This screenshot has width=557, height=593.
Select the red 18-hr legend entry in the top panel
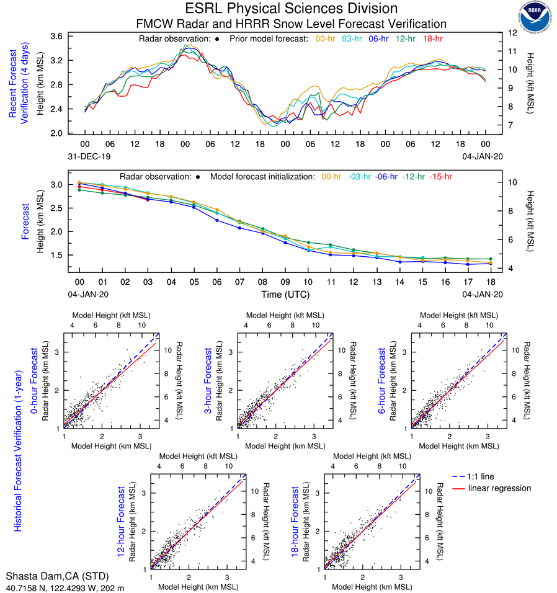click(x=432, y=39)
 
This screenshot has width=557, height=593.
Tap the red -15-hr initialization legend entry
click(x=442, y=176)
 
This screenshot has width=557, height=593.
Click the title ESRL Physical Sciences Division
click(x=291, y=9)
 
